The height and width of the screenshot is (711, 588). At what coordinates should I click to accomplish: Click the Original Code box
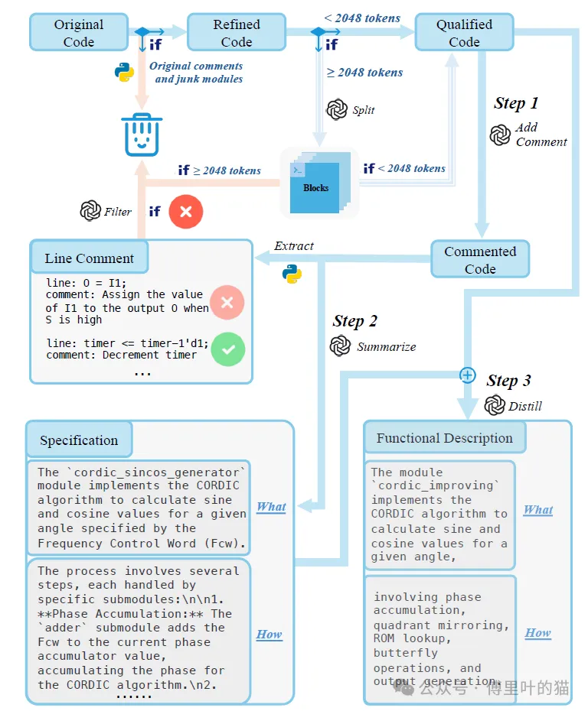[79, 33]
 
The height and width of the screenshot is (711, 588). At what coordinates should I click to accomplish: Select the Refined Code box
[237, 33]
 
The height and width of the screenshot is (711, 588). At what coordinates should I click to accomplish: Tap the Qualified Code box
[464, 33]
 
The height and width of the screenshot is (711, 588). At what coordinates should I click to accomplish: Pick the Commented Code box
[480, 260]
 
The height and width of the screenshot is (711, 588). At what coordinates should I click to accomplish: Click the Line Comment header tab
[89, 258]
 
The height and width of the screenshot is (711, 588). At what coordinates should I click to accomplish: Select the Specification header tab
[79, 440]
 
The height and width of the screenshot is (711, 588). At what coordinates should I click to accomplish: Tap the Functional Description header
[444, 438]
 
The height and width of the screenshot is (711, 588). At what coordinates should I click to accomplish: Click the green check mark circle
[227, 349]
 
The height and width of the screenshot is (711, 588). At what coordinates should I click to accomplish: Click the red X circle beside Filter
[185, 211]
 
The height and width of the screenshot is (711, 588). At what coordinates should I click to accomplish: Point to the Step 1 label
[516, 103]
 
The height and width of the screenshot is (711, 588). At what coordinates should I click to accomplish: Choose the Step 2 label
[355, 321]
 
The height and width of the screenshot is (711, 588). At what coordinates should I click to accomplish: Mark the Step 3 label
[508, 381]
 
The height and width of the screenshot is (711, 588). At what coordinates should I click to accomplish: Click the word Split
[364, 110]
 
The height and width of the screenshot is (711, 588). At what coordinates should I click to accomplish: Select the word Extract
[294, 246]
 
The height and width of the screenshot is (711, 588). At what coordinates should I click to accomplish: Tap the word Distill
[525, 406]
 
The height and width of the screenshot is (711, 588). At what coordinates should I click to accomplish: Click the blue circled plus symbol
[467, 375]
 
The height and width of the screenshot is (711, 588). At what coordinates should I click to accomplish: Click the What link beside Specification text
[271, 507]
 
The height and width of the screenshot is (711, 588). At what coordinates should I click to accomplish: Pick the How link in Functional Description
[537, 633]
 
